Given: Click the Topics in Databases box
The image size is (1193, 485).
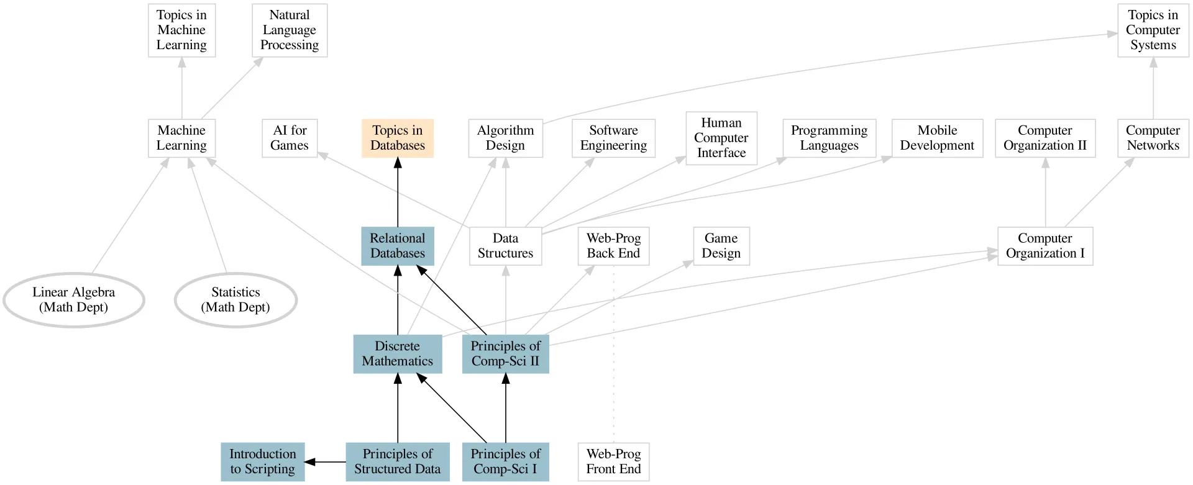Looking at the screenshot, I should click(398, 138).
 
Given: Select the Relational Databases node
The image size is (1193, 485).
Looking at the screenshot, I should click(398, 246).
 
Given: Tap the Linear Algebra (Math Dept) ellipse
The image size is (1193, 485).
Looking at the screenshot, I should click(74, 300).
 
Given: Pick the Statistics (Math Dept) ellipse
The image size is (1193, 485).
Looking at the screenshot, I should click(235, 300).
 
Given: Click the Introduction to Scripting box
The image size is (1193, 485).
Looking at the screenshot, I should click(262, 461).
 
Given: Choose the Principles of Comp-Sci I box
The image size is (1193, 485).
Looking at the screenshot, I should click(505, 461).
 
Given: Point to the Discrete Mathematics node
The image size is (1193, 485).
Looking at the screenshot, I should click(398, 354).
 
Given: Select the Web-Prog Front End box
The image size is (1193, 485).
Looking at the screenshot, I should click(613, 461).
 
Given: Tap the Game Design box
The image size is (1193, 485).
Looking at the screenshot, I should click(721, 246).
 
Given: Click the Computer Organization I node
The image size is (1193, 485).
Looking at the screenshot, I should click(1044, 246).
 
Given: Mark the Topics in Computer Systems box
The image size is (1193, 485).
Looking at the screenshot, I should click(1153, 30).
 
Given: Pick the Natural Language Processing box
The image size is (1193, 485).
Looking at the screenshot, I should click(290, 30).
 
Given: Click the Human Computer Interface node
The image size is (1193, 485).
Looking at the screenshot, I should click(721, 138).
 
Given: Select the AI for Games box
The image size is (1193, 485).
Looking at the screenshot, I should click(290, 138).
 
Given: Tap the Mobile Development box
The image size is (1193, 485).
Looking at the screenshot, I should click(937, 138).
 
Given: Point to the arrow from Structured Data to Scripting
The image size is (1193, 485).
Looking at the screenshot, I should click(325, 461).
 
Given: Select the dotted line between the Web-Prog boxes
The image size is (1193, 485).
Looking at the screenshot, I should click(613, 354).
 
